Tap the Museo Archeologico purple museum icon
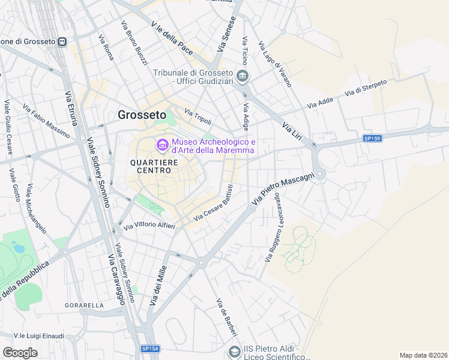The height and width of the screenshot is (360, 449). coord(162,145)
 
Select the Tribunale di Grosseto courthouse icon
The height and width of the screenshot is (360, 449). coord(243,76)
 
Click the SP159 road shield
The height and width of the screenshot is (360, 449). coord(372,139)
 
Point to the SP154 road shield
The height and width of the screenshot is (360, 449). coord(150,348)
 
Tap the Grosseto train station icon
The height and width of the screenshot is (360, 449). coord(61,41)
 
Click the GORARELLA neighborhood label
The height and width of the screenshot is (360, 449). coord(85,305)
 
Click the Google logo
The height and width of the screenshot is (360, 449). coord(20,353)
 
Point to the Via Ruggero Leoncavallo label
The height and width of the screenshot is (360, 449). coord(273,229)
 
